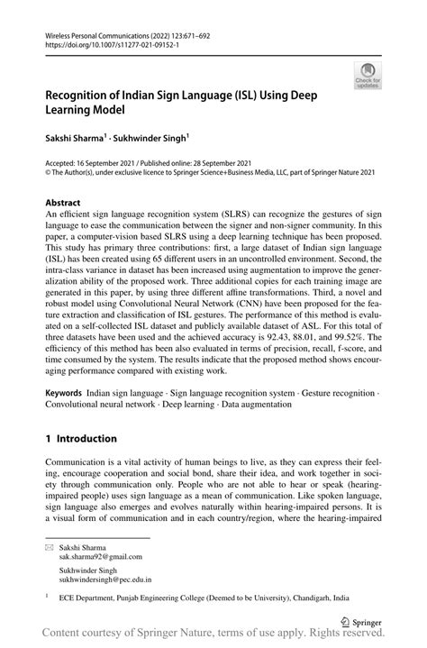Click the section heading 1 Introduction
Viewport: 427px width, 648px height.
[81, 438]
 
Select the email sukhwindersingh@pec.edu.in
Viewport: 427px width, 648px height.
[104, 583]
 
